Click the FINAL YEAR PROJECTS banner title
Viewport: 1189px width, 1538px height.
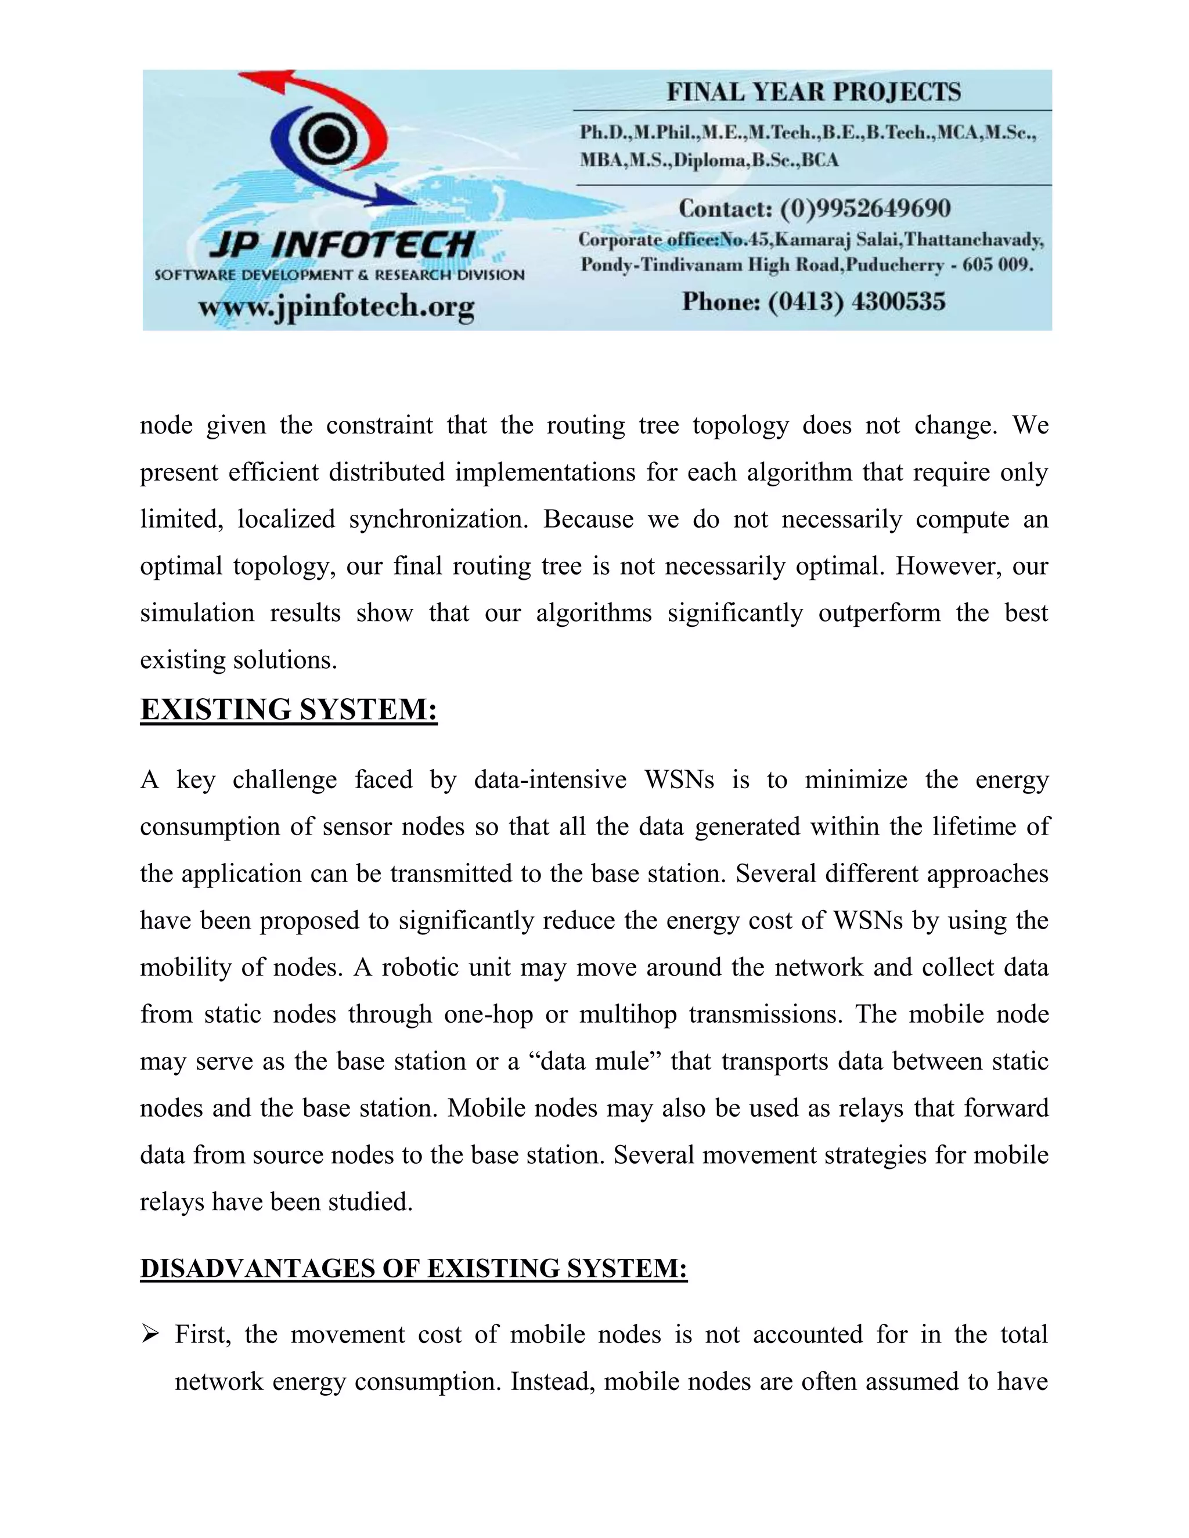tap(813, 92)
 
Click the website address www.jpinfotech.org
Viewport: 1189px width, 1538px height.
tap(336, 308)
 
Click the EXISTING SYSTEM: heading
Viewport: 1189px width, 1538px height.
tap(289, 709)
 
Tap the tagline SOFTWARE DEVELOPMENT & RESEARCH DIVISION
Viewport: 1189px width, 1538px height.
tap(340, 275)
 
